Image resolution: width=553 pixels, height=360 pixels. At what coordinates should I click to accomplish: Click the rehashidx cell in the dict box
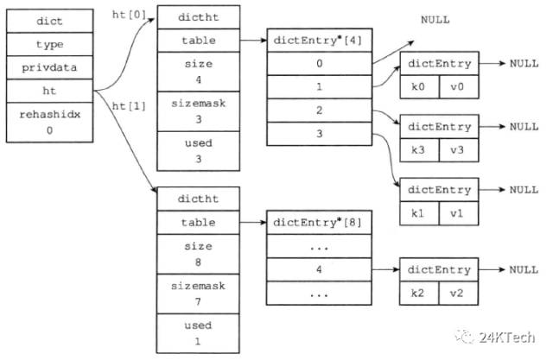[x=50, y=123]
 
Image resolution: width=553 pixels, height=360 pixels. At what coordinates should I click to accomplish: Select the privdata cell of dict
[x=50, y=67]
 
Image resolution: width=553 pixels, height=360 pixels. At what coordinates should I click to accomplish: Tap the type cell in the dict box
[x=50, y=44]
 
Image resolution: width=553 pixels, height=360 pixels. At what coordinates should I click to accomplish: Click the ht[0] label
[x=129, y=15]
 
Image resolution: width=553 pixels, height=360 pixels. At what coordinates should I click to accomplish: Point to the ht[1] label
[x=129, y=106]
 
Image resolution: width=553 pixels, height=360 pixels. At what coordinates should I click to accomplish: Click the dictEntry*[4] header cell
[x=319, y=41]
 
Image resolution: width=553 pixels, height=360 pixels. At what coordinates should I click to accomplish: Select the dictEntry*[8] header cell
[x=319, y=222]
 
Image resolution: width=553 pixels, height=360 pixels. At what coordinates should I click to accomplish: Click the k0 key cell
[x=420, y=86]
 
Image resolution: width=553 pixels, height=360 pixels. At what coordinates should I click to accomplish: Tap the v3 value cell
[x=459, y=150]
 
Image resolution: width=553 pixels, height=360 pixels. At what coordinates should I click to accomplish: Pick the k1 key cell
[x=419, y=213]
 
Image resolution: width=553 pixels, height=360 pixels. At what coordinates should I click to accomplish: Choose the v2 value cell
[x=459, y=293]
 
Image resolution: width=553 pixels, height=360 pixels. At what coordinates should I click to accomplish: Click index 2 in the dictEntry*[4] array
[x=319, y=111]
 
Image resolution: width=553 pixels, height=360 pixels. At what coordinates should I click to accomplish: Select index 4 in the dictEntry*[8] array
[x=319, y=269]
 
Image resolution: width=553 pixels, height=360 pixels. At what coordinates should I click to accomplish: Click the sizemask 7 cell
[x=198, y=294]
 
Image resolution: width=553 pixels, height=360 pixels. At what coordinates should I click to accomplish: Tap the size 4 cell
[x=198, y=72]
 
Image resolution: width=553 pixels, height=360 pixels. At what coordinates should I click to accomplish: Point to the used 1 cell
[x=198, y=333]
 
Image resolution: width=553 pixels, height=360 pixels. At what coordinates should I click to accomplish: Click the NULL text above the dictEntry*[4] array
[x=435, y=20]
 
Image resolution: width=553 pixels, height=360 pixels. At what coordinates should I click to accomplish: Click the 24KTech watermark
[x=495, y=337]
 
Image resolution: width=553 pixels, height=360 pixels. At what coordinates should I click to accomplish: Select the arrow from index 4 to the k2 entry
[x=385, y=269]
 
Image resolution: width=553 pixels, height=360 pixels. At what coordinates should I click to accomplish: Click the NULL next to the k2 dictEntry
[x=524, y=270]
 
